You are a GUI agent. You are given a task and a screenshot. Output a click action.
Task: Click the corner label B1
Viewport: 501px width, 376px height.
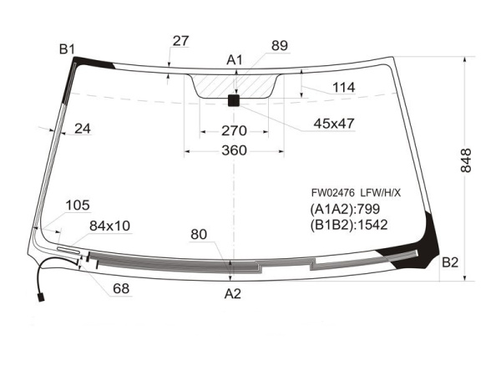[67, 49]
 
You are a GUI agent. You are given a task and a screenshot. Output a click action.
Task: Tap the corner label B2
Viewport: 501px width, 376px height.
[450, 262]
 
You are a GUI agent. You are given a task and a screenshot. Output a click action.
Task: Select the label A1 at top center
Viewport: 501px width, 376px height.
[235, 60]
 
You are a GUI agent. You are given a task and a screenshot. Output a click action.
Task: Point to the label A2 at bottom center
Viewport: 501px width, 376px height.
[232, 293]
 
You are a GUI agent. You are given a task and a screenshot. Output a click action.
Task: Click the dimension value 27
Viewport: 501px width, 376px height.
[181, 41]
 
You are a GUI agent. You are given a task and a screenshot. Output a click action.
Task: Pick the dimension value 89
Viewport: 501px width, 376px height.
[280, 46]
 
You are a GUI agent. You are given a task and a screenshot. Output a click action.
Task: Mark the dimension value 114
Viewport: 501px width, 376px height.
[343, 87]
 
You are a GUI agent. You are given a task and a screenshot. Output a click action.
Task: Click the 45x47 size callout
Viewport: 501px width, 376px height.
[334, 123]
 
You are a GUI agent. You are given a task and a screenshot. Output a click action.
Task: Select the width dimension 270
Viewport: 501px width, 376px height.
[234, 131]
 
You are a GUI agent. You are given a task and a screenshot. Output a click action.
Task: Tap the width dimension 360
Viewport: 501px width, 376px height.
[234, 150]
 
